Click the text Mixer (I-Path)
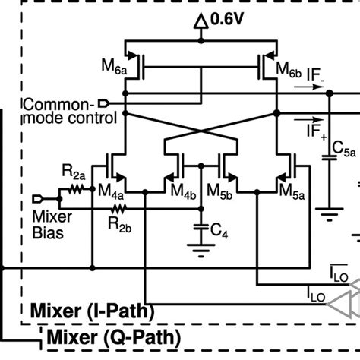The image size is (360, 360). coord(91,311)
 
